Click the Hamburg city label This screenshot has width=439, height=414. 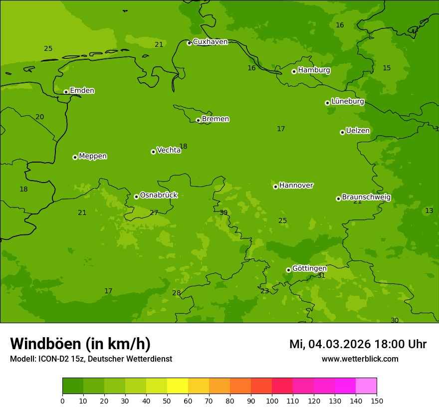314,70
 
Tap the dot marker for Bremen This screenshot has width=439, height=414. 198,120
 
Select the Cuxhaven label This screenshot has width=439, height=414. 210,42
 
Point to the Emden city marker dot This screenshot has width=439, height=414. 66,92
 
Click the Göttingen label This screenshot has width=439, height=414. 309,268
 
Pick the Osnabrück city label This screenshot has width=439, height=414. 159,195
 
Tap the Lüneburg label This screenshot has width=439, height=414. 347,101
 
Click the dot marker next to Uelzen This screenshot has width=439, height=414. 342,132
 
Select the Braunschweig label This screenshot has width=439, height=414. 366,198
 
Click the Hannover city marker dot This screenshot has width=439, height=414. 275,187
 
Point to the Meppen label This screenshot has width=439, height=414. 93,156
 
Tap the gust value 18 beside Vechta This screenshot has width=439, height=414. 183,147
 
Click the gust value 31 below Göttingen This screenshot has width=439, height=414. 321,276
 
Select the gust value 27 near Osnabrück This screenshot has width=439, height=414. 154,213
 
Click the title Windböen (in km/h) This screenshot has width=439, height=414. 80,344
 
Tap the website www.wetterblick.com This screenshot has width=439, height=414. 360,359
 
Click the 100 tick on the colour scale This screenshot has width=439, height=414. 272,401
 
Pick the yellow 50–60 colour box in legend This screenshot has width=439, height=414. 178,386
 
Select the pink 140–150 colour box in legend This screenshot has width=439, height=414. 366,386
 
